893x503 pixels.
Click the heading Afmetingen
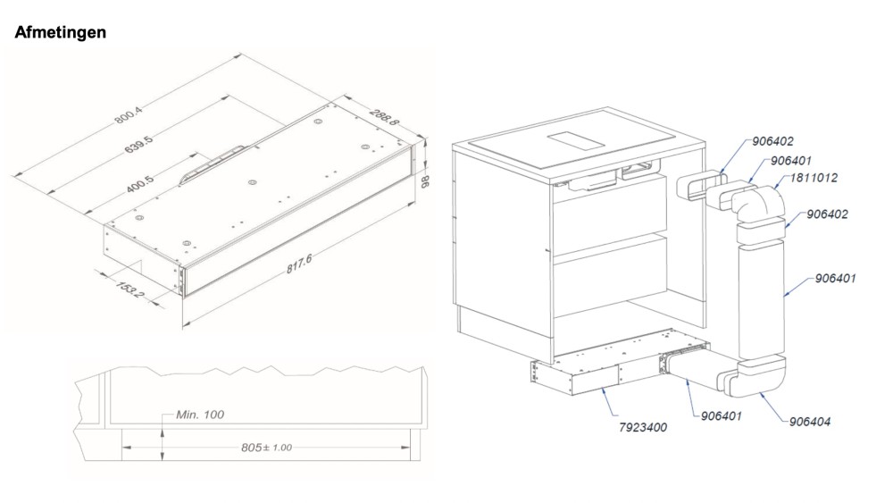pyautogui.click(x=61, y=32)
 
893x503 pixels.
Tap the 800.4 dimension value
pyautogui.click(x=128, y=114)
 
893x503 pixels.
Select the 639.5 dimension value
pyautogui.click(x=138, y=145)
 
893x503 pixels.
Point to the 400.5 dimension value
pyautogui.click(x=139, y=184)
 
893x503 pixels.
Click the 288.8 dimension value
pyautogui.click(x=384, y=117)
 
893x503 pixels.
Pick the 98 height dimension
pyautogui.click(x=424, y=181)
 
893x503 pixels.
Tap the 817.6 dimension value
pyautogui.click(x=298, y=264)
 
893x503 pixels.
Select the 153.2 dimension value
pyautogui.click(x=130, y=289)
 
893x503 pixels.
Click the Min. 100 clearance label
pyautogui.click(x=200, y=415)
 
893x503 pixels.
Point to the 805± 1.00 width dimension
pyautogui.click(x=266, y=448)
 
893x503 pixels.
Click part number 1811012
pyautogui.click(x=814, y=178)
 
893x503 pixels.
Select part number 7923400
pyautogui.click(x=642, y=427)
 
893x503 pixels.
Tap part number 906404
pyautogui.click(x=809, y=422)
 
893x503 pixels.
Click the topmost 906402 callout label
pyautogui.click(x=772, y=141)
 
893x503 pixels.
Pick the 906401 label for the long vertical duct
pyautogui.click(x=835, y=279)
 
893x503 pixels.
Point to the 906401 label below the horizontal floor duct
pyautogui.click(x=721, y=416)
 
